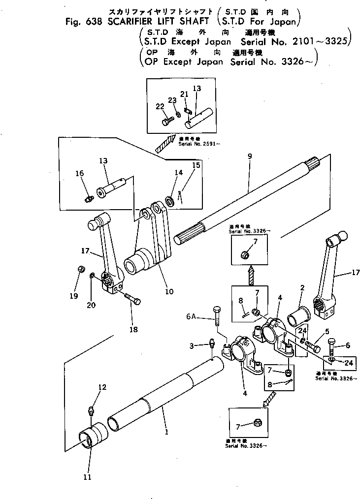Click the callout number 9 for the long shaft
click(250, 156)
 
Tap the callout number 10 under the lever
click(169, 291)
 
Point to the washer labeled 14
click(170, 200)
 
